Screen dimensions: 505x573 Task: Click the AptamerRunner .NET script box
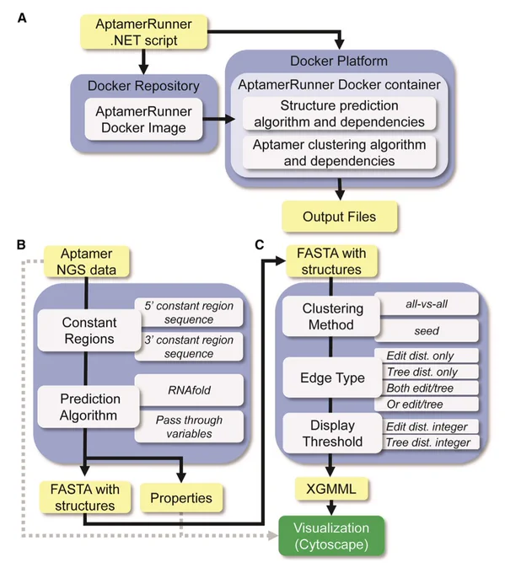pos(143,32)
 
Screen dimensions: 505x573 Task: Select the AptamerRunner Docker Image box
pos(143,119)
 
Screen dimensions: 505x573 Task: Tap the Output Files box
pos(340,217)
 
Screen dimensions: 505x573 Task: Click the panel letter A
pos(22,18)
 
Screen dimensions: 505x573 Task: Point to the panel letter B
pos(21,244)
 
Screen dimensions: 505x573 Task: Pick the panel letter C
pos(260,244)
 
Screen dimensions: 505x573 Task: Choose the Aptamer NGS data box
pos(87,262)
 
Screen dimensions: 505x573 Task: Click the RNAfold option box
pos(189,390)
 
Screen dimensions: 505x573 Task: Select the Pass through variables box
pos(189,426)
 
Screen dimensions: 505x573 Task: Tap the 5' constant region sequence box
pos(189,313)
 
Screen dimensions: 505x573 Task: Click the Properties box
pos(181,498)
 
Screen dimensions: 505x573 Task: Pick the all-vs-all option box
pos(427,303)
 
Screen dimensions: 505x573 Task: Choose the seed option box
pos(427,330)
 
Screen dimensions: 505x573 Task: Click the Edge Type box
pos(332,378)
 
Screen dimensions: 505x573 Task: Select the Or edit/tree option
pos(427,404)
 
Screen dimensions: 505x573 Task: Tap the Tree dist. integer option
pos(427,442)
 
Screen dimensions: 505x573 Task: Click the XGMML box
pos(331,489)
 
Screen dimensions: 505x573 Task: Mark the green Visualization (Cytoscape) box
pos(331,536)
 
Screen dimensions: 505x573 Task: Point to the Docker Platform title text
pos(339,61)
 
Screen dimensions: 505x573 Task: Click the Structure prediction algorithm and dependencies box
pos(340,114)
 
